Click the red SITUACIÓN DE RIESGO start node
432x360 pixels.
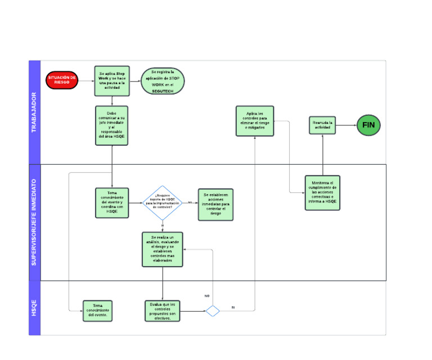(62, 80)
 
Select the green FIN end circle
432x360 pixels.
(368, 125)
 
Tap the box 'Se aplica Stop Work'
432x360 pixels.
(112, 80)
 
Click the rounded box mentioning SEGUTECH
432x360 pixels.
(163, 80)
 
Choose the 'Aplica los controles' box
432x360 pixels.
(254, 121)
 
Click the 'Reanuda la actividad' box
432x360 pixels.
(323, 125)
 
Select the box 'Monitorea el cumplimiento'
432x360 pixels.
(322, 192)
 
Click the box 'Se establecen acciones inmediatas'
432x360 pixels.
(215, 204)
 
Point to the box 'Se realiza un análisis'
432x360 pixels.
(163, 249)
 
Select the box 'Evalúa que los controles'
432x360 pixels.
(163, 310)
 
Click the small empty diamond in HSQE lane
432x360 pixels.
(213, 310)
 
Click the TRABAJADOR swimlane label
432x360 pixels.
(34, 112)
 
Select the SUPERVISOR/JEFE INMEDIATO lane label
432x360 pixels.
(34, 222)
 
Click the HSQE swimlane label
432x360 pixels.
(34, 308)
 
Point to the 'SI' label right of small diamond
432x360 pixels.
(232, 308)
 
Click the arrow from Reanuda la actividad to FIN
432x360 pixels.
(346, 125)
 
